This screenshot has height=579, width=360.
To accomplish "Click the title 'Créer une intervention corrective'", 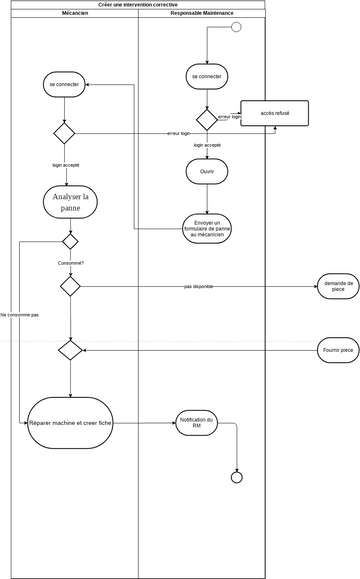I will click(139, 5).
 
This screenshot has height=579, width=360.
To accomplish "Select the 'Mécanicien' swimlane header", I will click(74, 14).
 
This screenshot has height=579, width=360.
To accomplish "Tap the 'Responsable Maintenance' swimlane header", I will click(201, 14).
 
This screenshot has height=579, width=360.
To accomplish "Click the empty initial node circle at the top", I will click(237, 26).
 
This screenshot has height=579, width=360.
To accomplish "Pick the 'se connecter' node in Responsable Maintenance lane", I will click(207, 76).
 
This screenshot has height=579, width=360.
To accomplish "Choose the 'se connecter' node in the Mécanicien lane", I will click(64, 85).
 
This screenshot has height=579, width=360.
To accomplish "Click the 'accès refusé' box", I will click(274, 113).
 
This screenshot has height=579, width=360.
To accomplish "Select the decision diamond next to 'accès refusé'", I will click(207, 119).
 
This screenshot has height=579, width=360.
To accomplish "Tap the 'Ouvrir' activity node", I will click(207, 171).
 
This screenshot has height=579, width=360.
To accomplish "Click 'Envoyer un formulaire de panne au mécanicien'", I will click(207, 227).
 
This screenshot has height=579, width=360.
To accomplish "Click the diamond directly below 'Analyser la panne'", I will click(70, 241).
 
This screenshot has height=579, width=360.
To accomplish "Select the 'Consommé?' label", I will click(70, 263).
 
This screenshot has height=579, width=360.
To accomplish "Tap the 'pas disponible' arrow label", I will click(200, 286).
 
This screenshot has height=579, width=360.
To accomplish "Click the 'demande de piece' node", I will click(338, 287).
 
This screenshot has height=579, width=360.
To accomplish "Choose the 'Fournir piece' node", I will click(338, 350).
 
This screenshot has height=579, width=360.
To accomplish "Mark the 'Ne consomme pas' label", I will click(20, 314).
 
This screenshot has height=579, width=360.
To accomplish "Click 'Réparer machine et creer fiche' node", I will click(70, 424).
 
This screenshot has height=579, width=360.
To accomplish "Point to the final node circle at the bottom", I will click(237, 477).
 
